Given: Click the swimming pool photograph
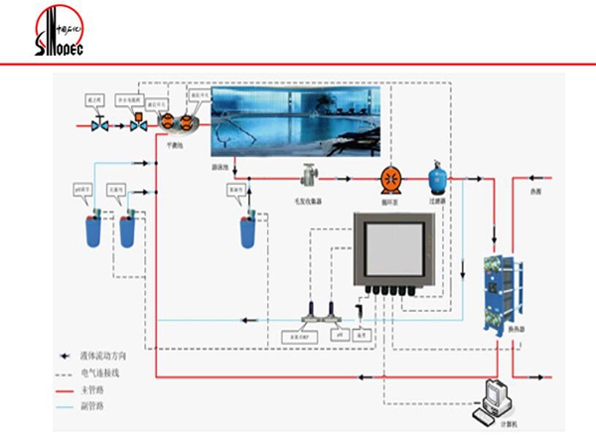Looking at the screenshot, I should point(296,121).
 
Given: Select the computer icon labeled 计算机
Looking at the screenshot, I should point(495,401).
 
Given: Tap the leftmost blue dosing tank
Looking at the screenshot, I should point(95,231).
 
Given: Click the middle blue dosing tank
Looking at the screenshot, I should point(127,231).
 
